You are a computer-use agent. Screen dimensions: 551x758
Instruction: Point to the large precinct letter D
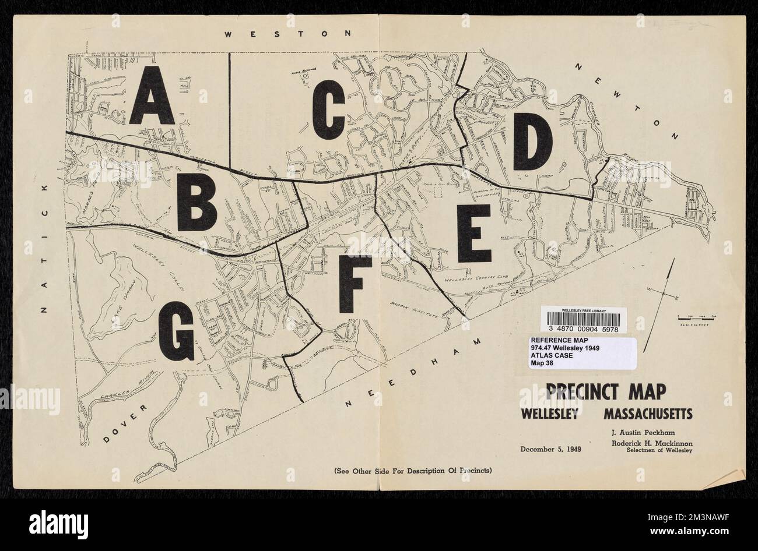(x=533, y=140)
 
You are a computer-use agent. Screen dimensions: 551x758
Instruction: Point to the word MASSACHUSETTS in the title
(x=648, y=415)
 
